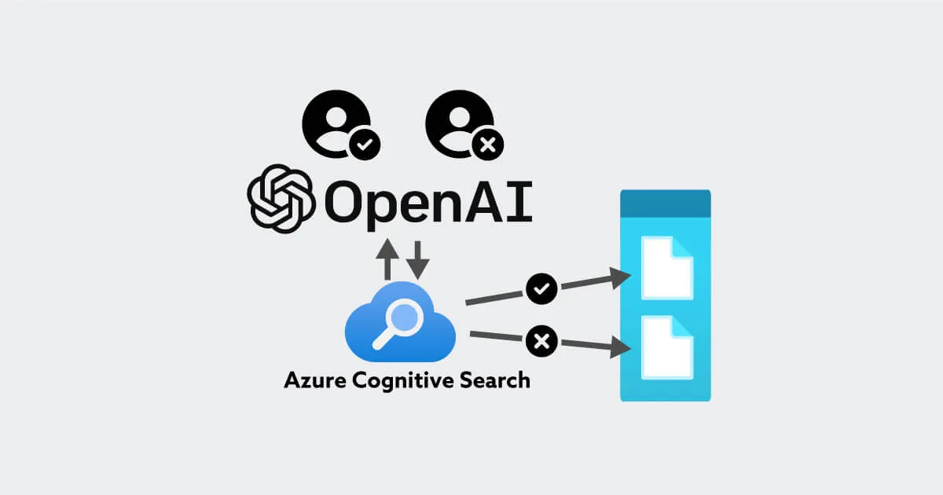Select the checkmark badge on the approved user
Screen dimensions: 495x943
click(x=364, y=145)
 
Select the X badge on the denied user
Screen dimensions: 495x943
click(x=486, y=145)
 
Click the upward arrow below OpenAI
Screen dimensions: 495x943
click(x=387, y=259)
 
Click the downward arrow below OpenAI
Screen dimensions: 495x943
click(x=418, y=259)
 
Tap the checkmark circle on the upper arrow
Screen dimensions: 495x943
click(x=541, y=289)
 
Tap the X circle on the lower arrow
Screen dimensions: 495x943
click(x=541, y=341)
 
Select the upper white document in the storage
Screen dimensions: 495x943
click(x=666, y=268)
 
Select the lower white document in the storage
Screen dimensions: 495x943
click(x=666, y=346)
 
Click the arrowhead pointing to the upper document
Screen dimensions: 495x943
click(x=622, y=277)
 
